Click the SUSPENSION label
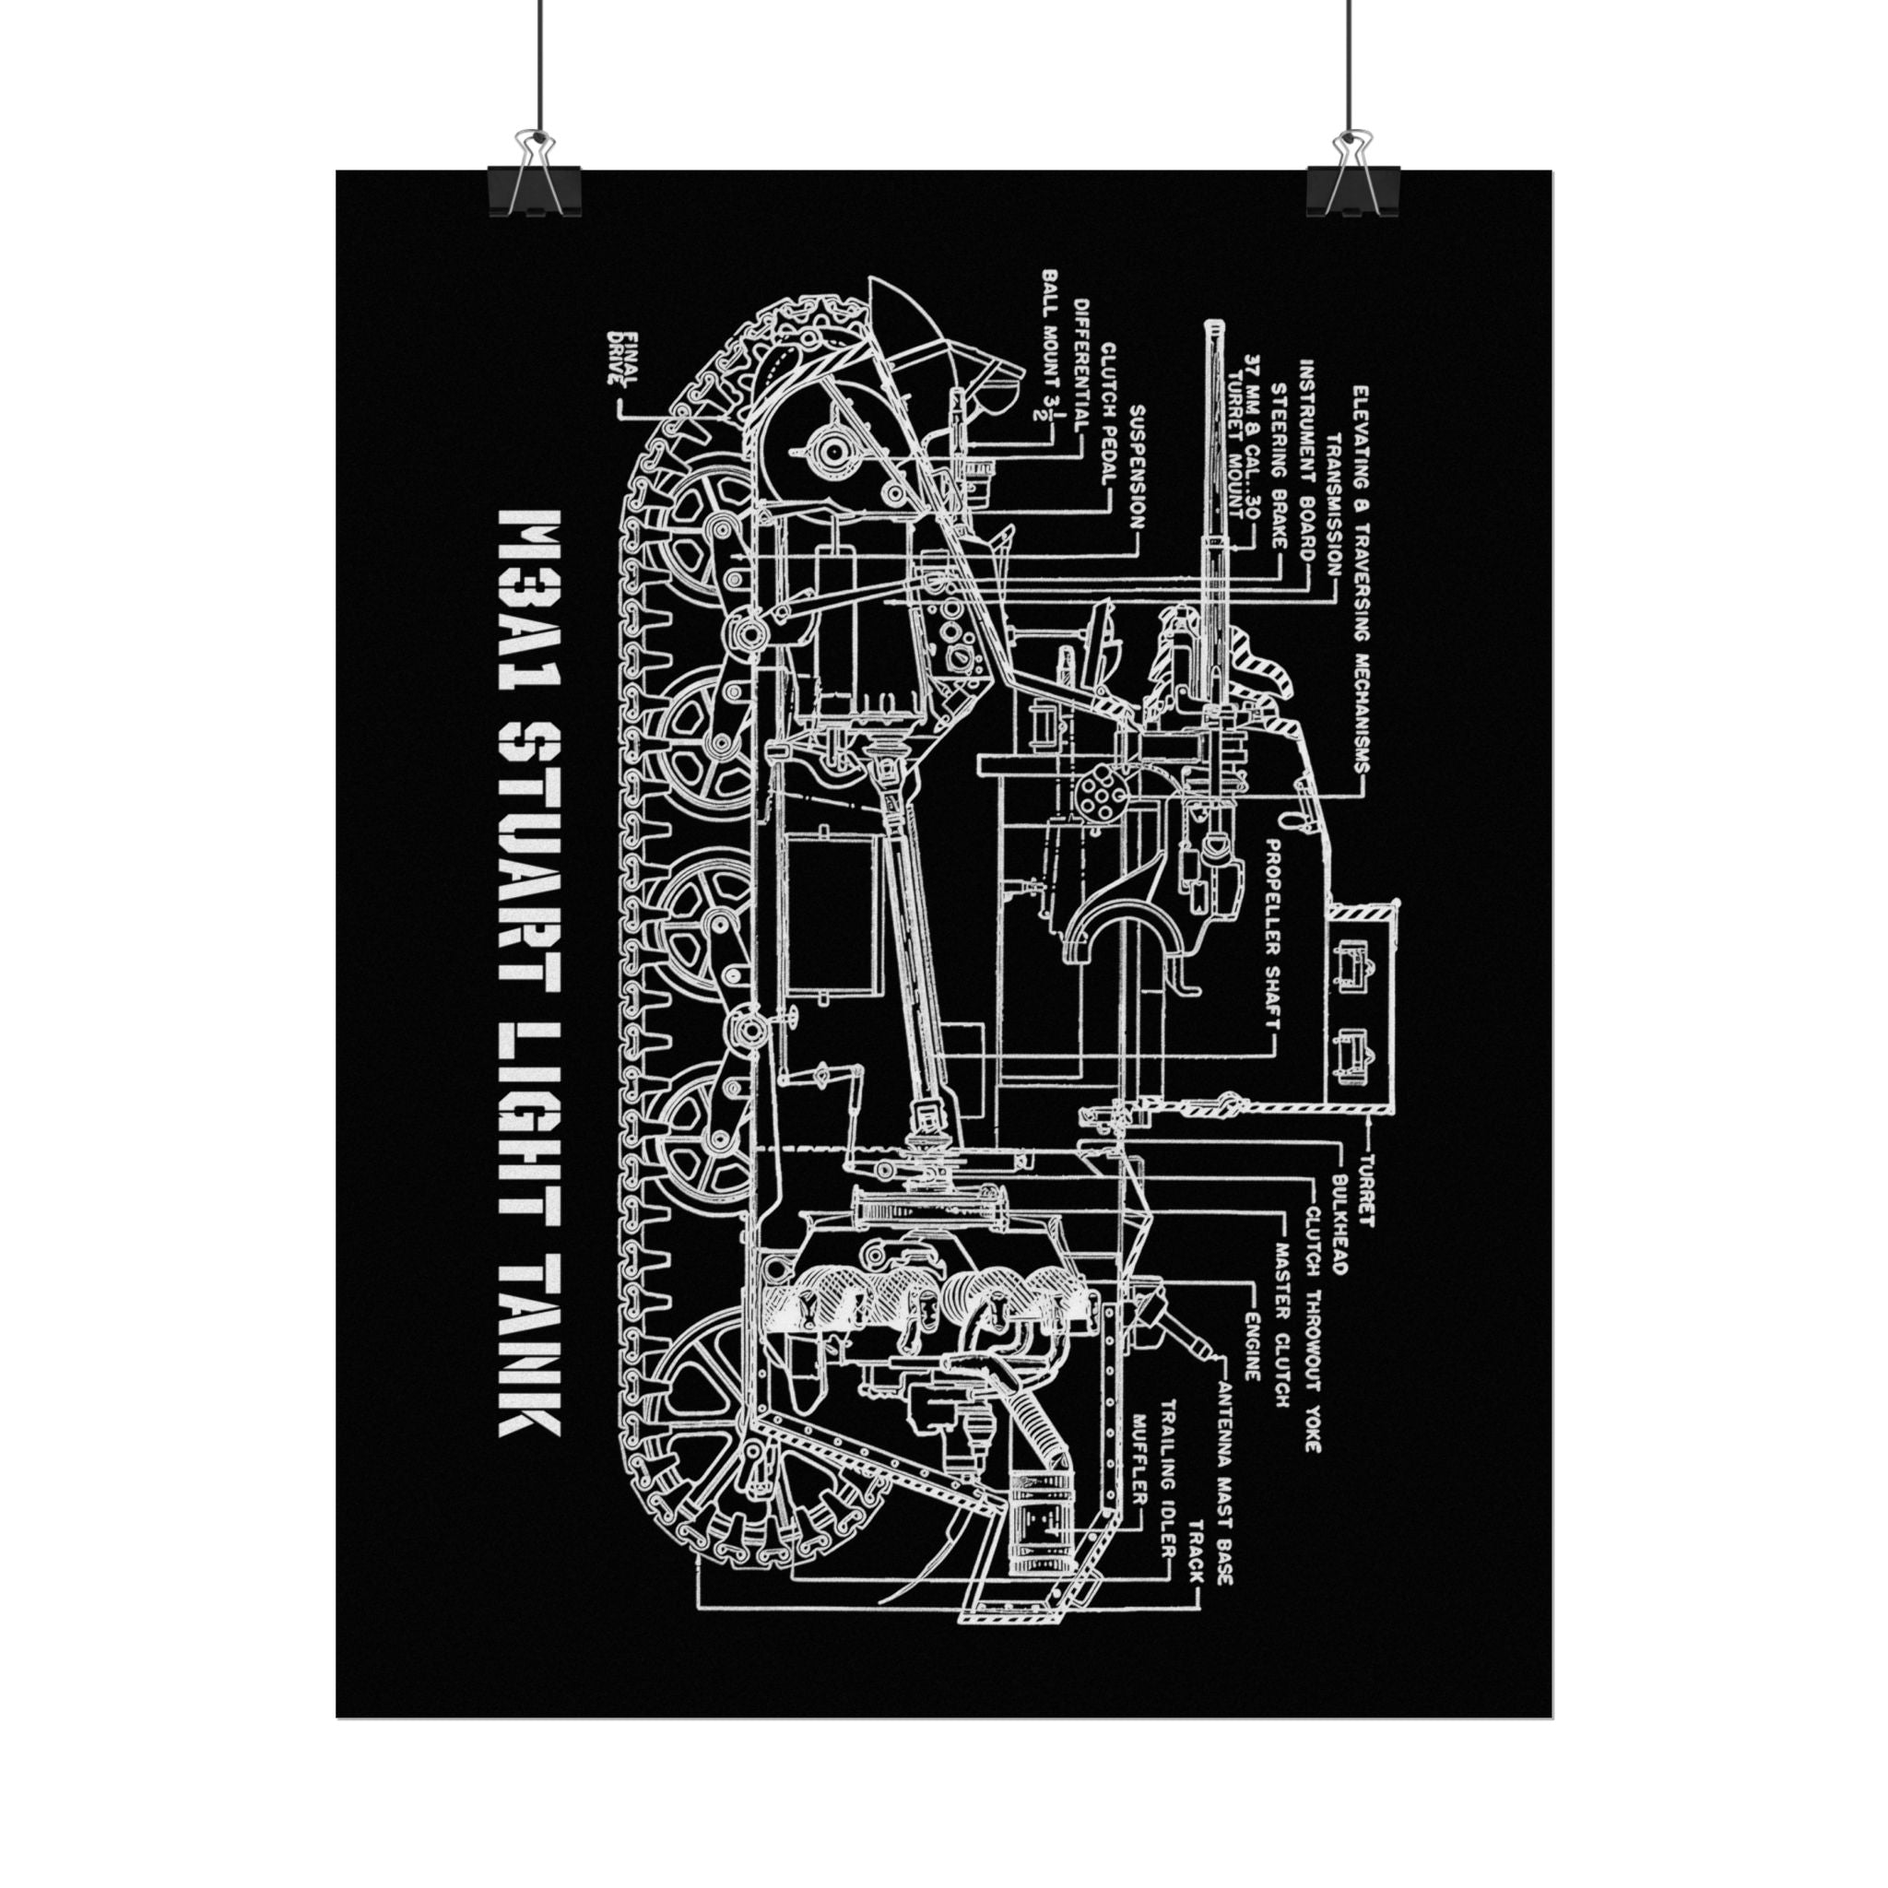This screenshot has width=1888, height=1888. click(1137, 466)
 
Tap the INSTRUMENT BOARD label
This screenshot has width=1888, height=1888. click(1306, 458)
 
